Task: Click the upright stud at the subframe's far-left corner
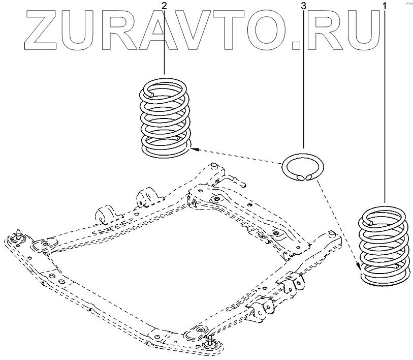point(19,234)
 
